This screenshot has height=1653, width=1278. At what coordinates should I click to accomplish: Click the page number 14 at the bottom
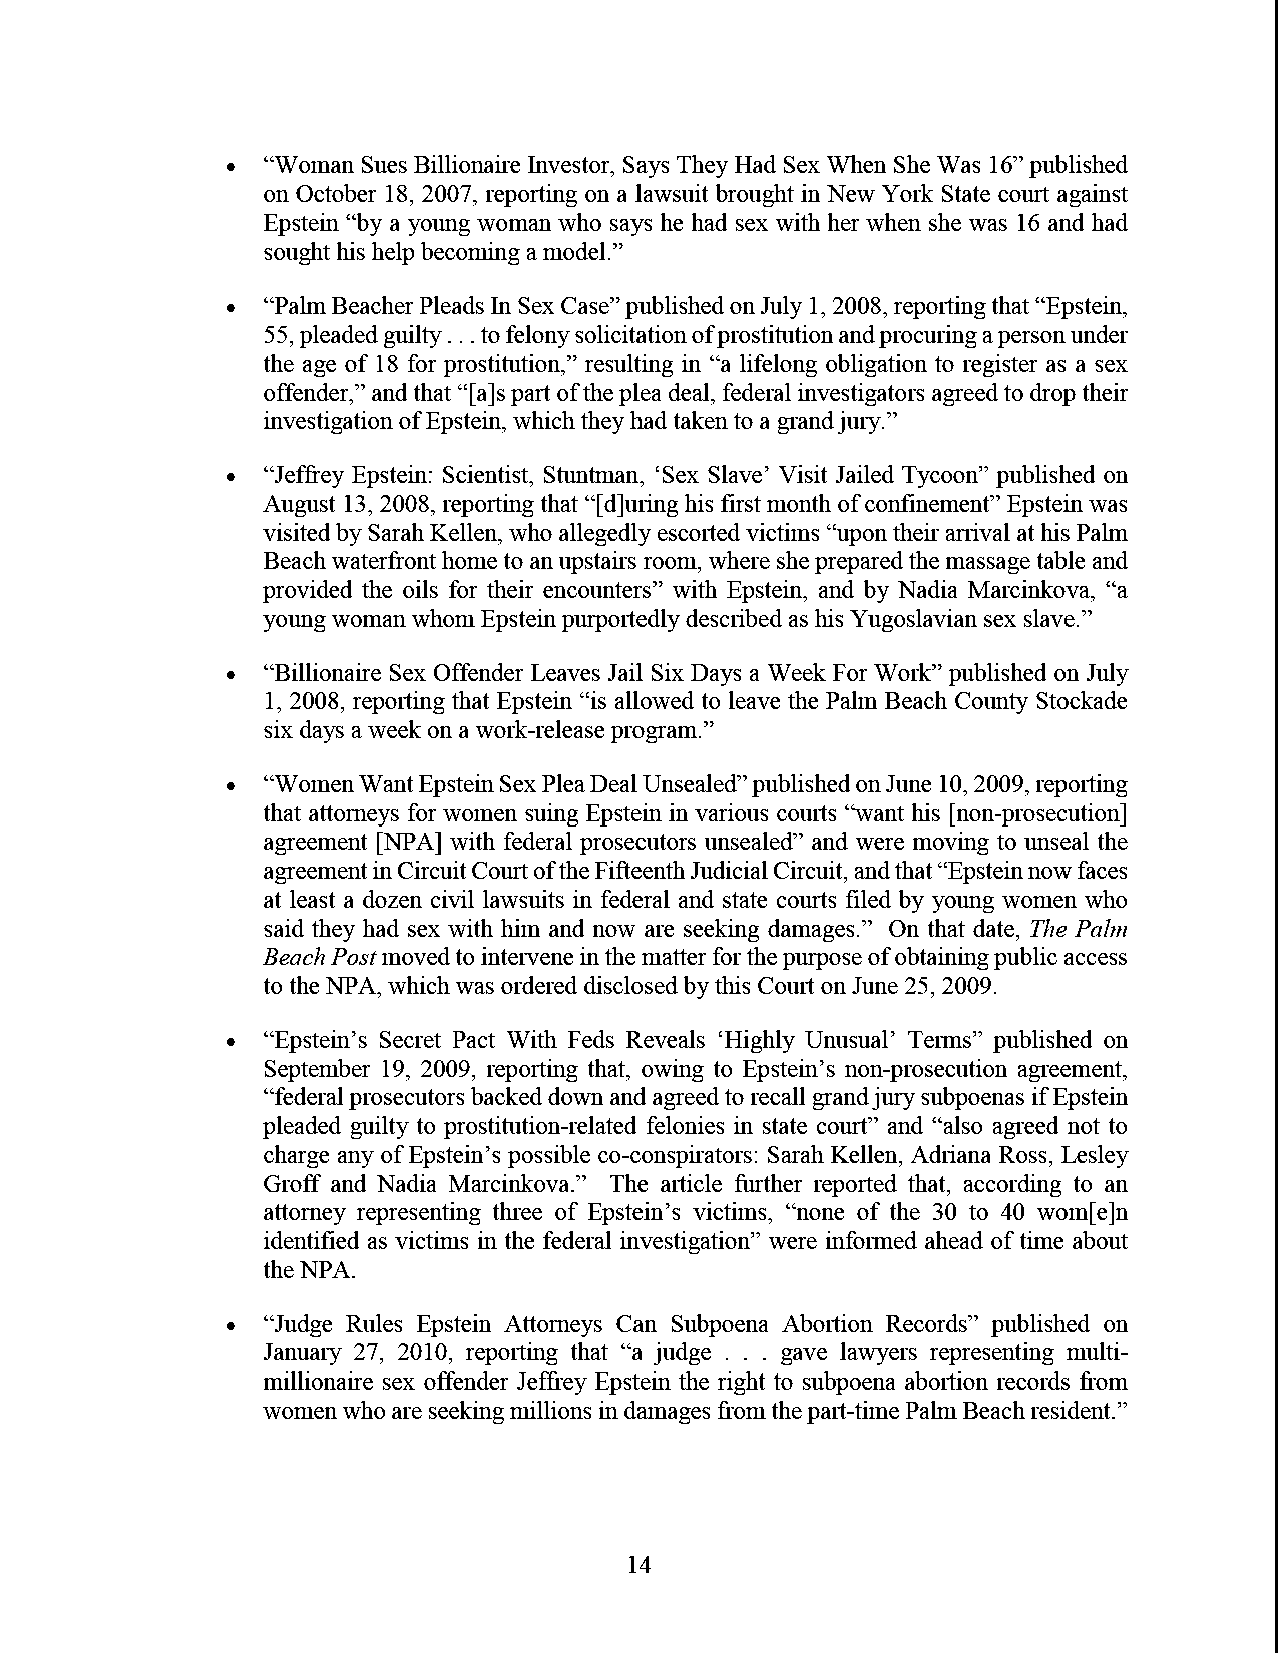[x=639, y=1564]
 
